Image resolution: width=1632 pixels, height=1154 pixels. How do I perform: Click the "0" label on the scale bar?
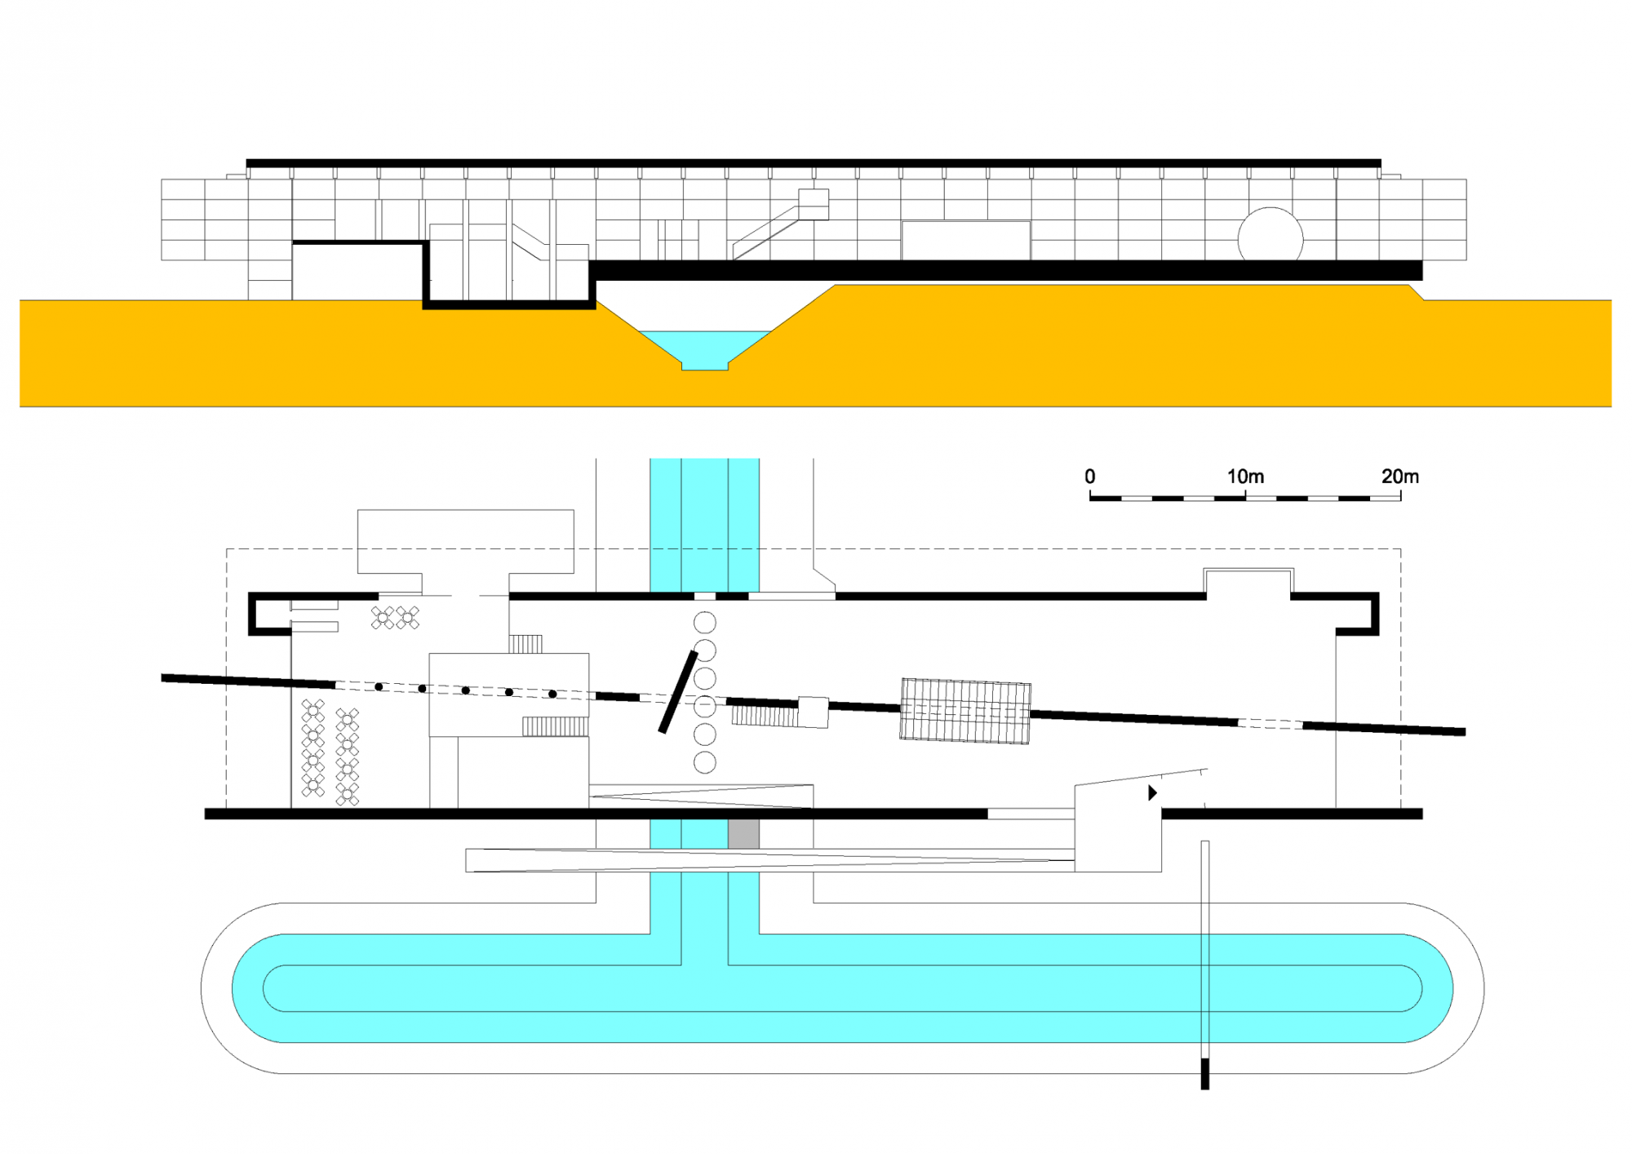pyautogui.click(x=1089, y=476)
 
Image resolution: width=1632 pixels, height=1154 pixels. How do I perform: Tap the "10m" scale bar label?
pyautogui.click(x=1245, y=476)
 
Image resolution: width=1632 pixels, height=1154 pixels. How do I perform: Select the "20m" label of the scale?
pyautogui.click(x=1399, y=476)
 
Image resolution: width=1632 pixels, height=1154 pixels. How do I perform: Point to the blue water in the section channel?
pyautogui.click(x=705, y=346)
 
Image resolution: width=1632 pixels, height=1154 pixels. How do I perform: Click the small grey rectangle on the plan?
pyautogui.click(x=743, y=834)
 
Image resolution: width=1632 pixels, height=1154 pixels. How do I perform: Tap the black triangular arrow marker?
pyautogui.click(x=1152, y=792)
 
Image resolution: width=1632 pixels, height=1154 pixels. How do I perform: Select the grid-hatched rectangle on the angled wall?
pyautogui.click(x=965, y=711)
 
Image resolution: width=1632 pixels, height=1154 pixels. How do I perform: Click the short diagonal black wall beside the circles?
pyautogui.click(x=678, y=692)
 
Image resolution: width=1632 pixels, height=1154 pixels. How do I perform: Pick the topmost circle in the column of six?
pyautogui.click(x=705, y=623)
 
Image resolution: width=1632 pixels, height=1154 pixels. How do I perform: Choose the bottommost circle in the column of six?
pyautogui.click(x=705, y=762)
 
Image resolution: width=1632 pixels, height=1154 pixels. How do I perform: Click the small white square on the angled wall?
pyautogui.click(x=813, y=712)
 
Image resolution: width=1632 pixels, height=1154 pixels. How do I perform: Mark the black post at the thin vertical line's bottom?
pyautogui.click(x=1205, y=1073)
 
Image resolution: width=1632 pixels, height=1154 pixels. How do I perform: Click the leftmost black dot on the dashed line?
pyautogui.click(x=379, y=687)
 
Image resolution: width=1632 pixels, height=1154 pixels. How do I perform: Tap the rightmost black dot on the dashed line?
pyautogui.click(x=552, y=695)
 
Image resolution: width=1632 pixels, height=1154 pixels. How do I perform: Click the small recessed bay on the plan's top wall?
pyautogui.click(x=1248, y=583)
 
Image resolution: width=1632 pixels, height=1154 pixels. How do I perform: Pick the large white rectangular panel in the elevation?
pyautogui.click(x=966, y=241)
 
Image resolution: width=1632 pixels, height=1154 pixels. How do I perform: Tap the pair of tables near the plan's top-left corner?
pyautogui.click(x=395, y=618)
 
